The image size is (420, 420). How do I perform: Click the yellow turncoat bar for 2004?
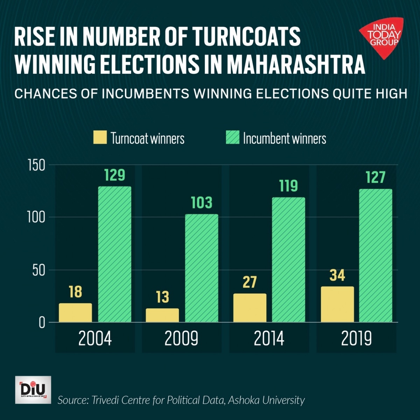coord(75,313)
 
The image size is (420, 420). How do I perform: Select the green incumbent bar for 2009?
coord(201,268)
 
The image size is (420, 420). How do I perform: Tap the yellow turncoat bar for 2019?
coord(337,304)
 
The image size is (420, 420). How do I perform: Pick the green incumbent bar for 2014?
coord(288,260)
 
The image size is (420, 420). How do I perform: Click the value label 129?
coord(114,175)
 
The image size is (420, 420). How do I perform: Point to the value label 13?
coord(162,297)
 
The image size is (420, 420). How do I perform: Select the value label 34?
coord(337,275)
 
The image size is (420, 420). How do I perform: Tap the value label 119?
coord(288,186)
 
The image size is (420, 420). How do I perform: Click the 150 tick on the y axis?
coord(36,165)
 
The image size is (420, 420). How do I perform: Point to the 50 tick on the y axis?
coord(39,270)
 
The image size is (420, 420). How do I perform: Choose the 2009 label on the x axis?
coord(181,338)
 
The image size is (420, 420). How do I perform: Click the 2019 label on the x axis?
coord(356,338)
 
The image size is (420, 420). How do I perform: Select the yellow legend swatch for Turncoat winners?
coord(100,138)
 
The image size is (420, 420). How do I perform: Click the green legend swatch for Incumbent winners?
coord(232,138)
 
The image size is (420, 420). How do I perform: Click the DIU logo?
coord(33,390)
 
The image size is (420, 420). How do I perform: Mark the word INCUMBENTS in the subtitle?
coord(145,94)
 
